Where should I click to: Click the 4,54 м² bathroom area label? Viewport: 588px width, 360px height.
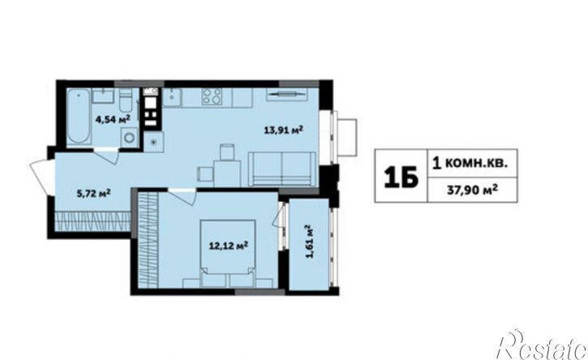[x=113, y=119]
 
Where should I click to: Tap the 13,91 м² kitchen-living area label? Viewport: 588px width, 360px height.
[x=284, y=130]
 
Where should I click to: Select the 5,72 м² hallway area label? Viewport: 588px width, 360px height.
[x=93, y=194]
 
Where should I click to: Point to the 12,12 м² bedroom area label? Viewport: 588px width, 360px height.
[x=228, y=246]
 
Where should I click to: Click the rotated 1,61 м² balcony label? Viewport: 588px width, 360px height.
[x=309, y=242]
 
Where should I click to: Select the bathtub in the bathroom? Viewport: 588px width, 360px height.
[x=79, y=116]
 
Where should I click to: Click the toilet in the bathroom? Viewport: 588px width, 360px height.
[x=125, y=99]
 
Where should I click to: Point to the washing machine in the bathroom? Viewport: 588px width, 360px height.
[x=130, y=136]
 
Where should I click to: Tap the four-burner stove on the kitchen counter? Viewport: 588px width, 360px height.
[x=212, y=96]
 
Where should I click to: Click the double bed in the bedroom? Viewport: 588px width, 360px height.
[x=228, y=254]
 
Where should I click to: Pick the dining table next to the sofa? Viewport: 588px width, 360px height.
[x=227, y=174]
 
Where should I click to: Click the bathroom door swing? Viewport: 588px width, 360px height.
[x=107, y=155]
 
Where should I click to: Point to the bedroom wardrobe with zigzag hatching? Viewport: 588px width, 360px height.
[x=148, y=239]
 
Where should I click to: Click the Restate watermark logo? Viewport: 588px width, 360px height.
[x=541, y=345]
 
